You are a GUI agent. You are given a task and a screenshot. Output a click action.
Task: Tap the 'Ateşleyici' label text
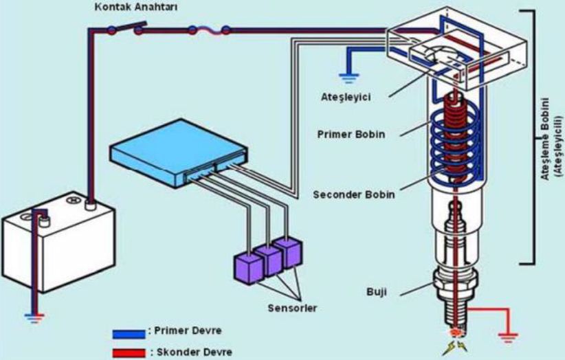pos(346,97)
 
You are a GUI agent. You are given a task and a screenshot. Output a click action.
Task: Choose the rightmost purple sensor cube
pos(287,252)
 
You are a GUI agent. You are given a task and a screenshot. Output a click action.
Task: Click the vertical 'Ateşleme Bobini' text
pos(546,138)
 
